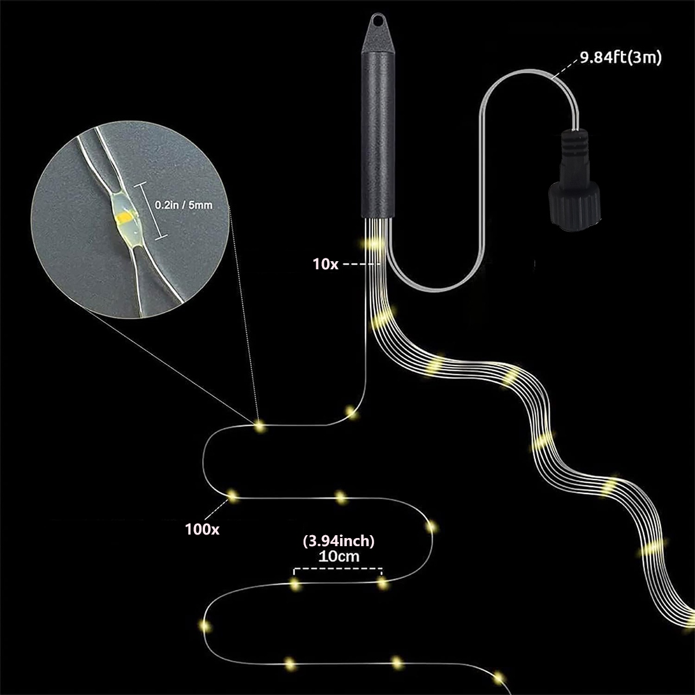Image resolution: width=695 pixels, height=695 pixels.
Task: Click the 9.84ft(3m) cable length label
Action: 620,57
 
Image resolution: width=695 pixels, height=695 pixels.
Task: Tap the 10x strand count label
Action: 325,264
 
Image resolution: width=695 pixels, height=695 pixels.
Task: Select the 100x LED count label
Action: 202,528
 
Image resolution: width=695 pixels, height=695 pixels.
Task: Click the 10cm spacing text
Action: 339,557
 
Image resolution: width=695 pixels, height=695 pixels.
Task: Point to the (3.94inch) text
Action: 339,541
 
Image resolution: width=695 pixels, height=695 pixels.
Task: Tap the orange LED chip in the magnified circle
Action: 125,218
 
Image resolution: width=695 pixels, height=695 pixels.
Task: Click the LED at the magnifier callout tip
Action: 259,426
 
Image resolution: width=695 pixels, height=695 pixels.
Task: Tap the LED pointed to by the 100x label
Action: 233,495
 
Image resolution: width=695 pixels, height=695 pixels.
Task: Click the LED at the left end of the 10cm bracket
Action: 295,584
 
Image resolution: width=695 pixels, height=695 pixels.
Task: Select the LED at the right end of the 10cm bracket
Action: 382,583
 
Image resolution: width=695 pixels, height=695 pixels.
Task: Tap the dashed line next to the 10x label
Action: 360,264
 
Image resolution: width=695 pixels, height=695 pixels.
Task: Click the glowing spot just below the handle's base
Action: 374,243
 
